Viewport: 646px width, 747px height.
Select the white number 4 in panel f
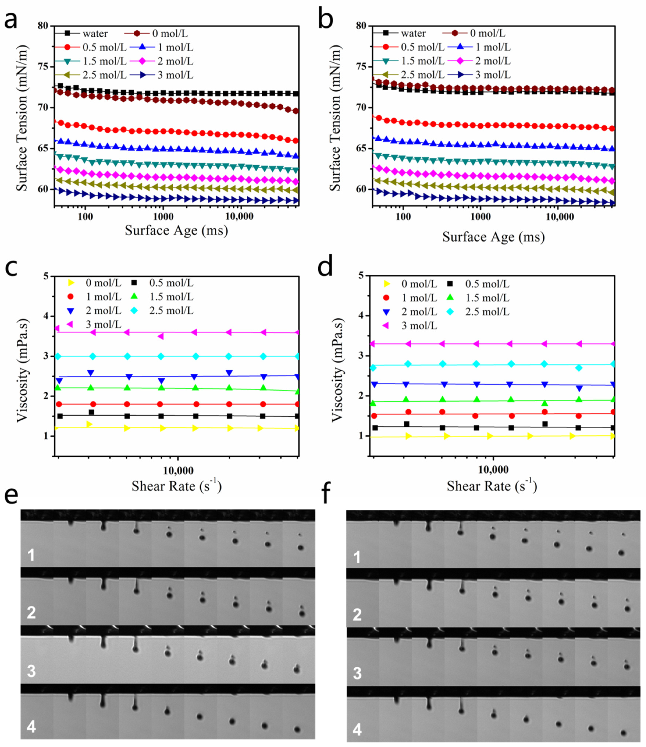357,730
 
